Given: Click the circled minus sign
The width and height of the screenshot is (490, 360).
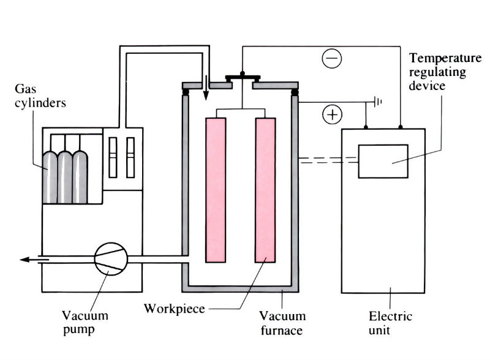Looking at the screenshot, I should point(332,59).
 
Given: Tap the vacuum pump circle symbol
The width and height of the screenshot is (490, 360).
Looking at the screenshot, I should point(111,260).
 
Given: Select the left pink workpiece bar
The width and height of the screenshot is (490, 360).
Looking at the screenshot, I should point(216,190).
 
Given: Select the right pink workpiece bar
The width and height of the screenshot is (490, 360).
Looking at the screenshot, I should point(265,190).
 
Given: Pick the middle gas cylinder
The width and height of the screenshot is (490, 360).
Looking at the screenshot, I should point(65,177).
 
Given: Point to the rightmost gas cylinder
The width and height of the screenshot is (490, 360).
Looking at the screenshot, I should point(80,177).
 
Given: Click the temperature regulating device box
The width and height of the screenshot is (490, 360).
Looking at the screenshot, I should point(383,161).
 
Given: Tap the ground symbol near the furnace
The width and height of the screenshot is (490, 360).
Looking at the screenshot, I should point(377,102).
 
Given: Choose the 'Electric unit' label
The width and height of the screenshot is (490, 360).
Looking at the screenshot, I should point(390,323).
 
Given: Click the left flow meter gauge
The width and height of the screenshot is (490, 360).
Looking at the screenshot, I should point(112,157).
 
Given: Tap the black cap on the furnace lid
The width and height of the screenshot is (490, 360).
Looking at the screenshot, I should point(243,77).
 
